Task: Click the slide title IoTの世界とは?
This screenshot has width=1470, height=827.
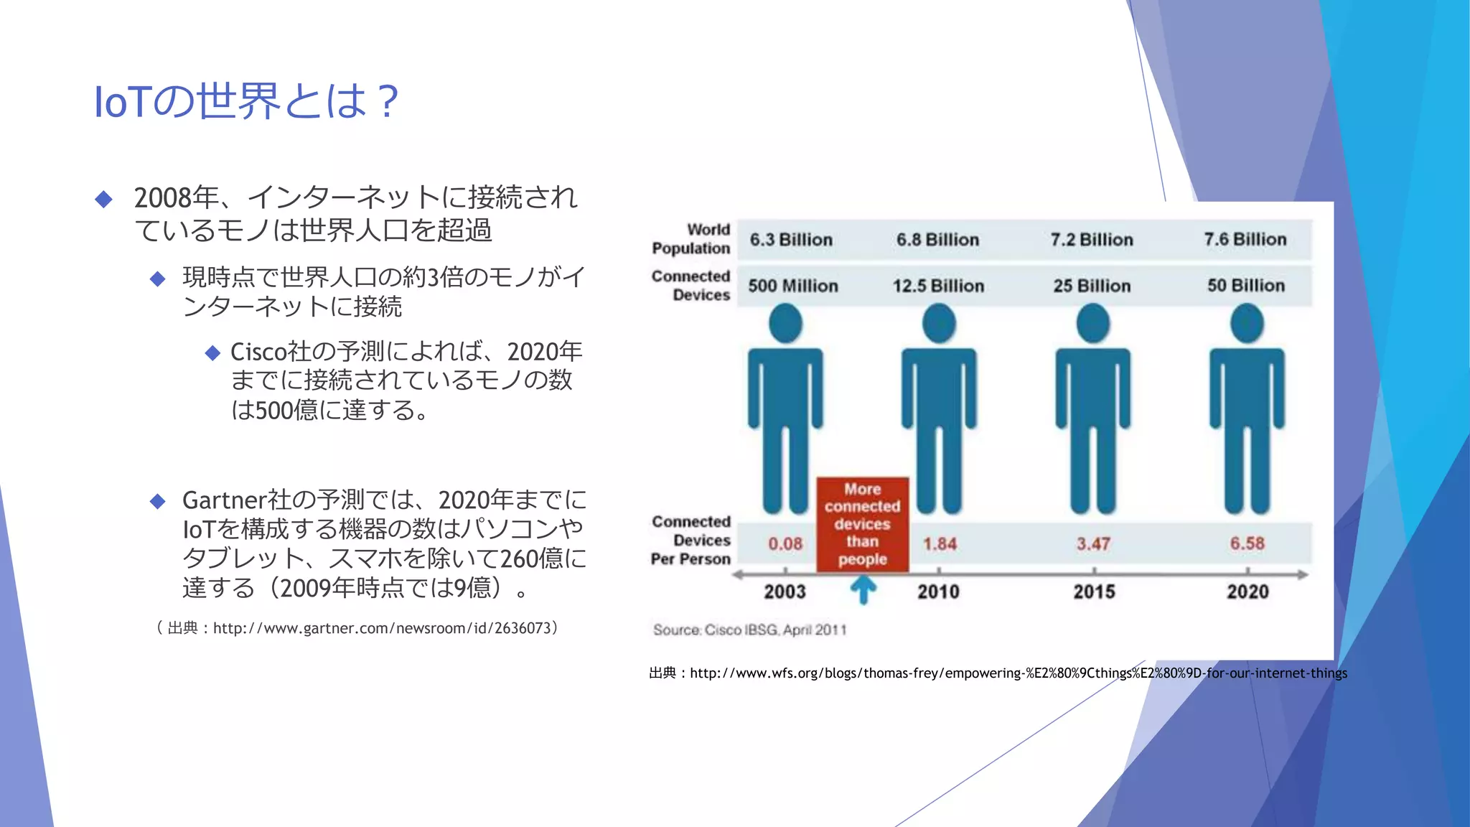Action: pyautogui.click(x=245, y=101)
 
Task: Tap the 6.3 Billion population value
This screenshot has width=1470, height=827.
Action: pyautogui.click(x=791, y=240)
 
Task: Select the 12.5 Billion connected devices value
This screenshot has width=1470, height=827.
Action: pyautogui.click(x=938, y=286)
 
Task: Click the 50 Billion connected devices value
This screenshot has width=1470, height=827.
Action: pyautogui.click(x=1245, y=286)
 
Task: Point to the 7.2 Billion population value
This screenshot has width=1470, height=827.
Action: pyautogui.click(x=1092, y=240)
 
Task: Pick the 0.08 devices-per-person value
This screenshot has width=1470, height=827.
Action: pyautogui.click(x=785, y=544)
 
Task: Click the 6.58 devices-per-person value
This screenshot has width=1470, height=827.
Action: pyautogui.click(x=1247, y=543)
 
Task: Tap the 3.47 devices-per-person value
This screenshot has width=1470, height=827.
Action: pyautogui.click(x=1093, y=544)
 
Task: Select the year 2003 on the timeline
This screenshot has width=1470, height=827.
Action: pyautogui.click(x=785, y=592)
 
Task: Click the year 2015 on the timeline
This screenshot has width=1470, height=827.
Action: pyautogui.click(x=1094, y=592)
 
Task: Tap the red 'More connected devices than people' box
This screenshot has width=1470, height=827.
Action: pyautogui.click(x=862, y=524)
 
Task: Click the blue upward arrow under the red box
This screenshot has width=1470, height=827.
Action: pyautogui.click(x=863, y=590)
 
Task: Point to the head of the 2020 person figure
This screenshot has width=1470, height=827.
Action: pyautogui.click(x=1247, y=324)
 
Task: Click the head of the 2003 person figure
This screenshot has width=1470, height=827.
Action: pyautogui.click(x=785, y=324)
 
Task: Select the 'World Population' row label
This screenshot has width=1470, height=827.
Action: pyautogui.click(x=690, y=239)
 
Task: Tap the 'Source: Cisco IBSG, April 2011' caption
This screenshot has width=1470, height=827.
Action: pyautogui.click(x=749, y=630)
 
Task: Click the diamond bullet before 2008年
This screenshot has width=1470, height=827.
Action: pyautogui.click(x=104, y=199)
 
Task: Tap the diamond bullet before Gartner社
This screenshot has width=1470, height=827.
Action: pyautogui.click(x=158, y=501)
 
